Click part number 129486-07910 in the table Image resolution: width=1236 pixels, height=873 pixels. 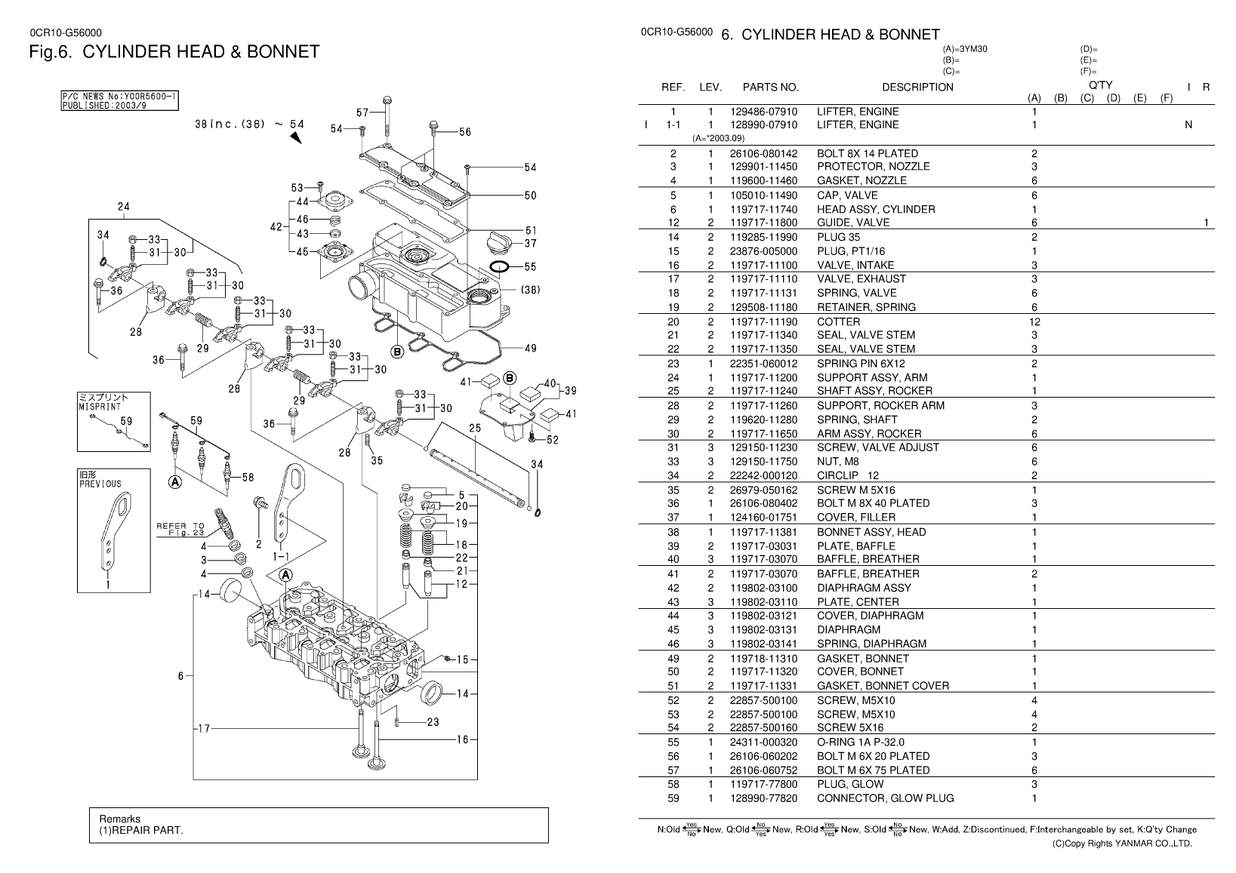coord(763,112)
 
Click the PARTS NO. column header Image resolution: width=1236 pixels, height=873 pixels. coord(770,87)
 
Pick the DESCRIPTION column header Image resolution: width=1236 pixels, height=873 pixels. coord(917,87)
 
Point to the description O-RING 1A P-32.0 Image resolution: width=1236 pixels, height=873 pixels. coord(860,742)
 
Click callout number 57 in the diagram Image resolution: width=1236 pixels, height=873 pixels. coord(363,113)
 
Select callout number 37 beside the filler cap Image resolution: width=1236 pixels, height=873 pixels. coord(530,243)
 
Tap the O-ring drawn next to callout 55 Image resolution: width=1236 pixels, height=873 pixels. coord(498,266)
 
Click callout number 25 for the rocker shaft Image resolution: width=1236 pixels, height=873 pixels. coord(475,429)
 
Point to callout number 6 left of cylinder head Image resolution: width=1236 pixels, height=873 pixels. coord(180,676)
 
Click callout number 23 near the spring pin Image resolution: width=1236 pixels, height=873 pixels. coord(433,722)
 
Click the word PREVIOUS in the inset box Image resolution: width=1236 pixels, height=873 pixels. coord(100,484)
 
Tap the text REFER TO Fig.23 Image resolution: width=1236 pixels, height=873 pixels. coord(180,529)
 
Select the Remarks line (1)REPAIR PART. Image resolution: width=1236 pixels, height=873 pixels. coord(141,831)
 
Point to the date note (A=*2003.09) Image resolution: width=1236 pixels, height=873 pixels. coord(718,138)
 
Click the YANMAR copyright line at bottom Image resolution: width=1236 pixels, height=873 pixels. coord(1122,844)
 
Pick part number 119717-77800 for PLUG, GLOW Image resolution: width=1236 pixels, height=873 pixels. coord(763,784)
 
